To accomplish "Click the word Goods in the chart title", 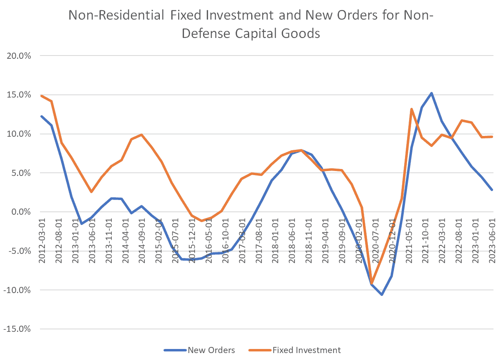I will (299, 33).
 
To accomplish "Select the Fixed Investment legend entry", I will (306, 350).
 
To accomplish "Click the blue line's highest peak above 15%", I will (431, 93).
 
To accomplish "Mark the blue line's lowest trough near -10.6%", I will (382, 294).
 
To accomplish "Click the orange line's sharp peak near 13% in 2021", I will (412, 109).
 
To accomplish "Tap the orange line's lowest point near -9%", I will (372, 283).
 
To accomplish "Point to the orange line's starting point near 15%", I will (42, 96).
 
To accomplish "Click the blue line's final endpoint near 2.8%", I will (492, 190).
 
